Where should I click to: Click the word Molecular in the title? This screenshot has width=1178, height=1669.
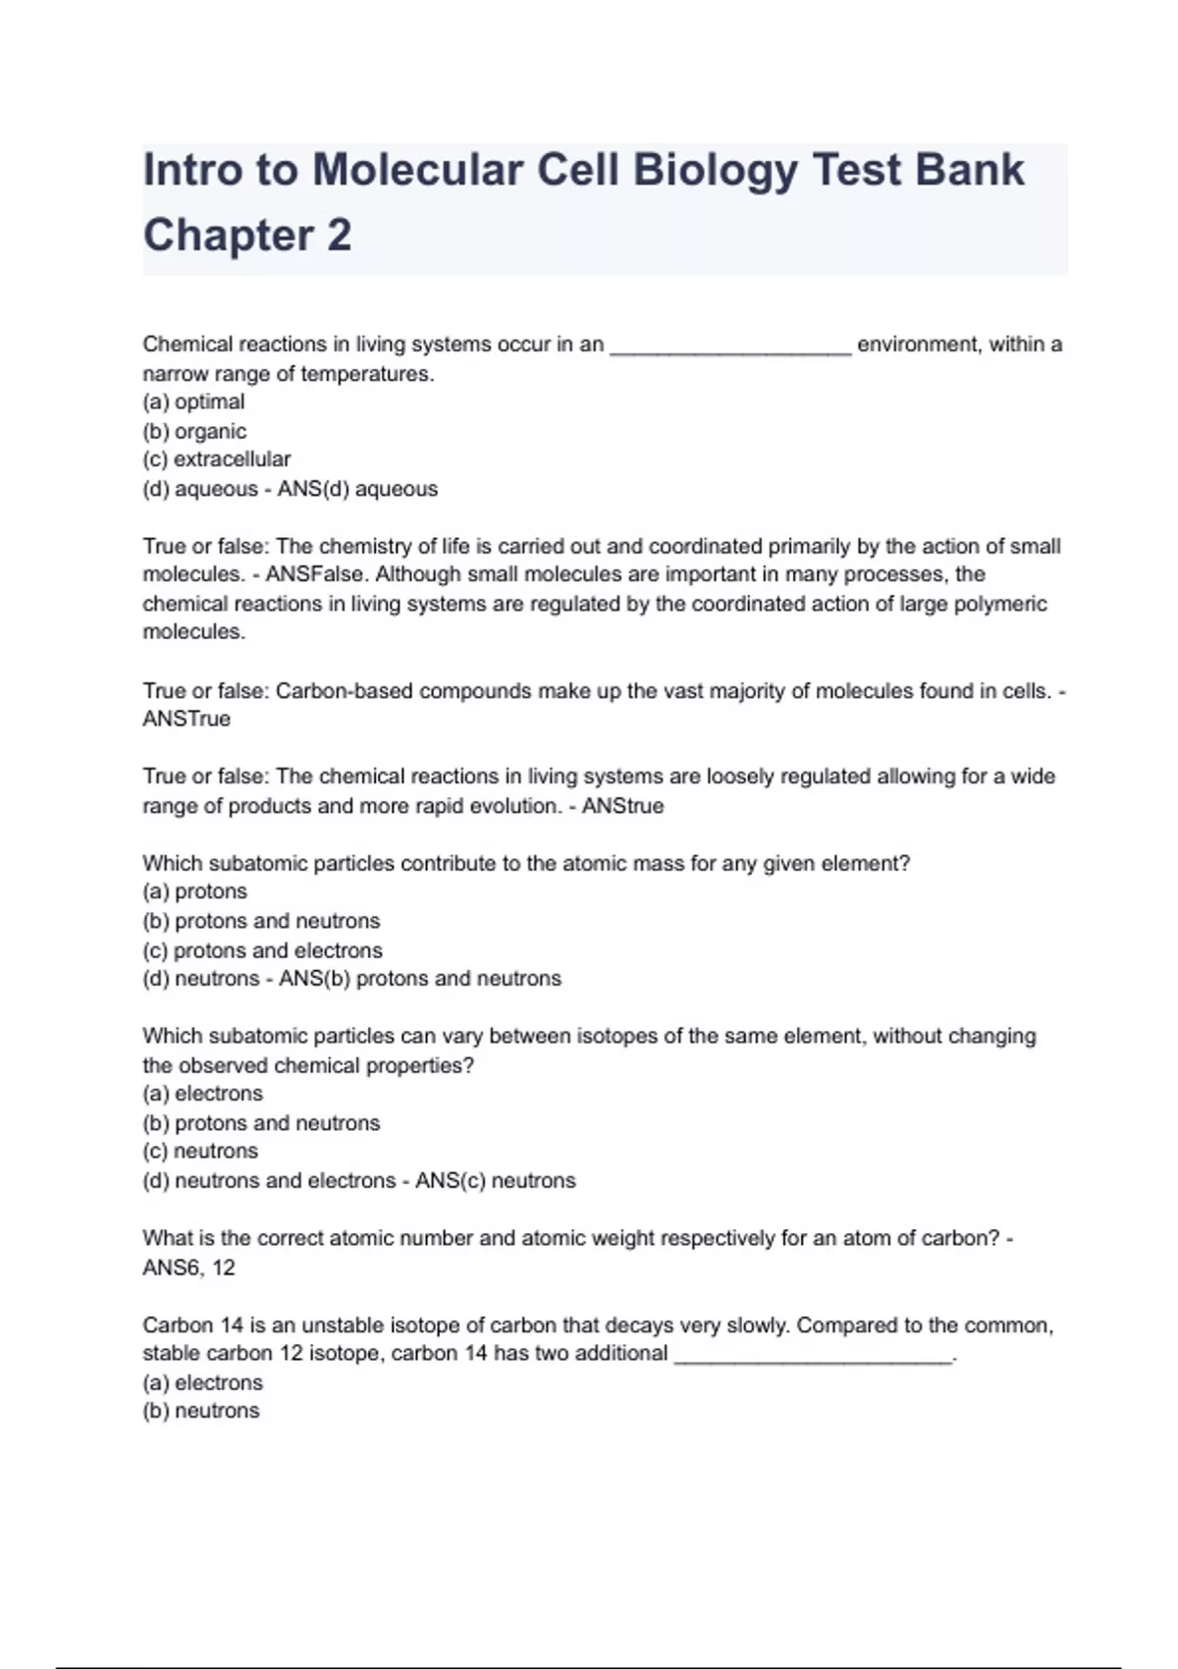click(417, 170)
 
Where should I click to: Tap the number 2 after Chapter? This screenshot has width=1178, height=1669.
click(339, 236)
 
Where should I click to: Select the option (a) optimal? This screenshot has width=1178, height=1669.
click(193, 402)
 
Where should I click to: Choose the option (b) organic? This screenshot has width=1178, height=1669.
click(194, 431)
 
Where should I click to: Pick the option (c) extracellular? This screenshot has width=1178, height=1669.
click(216, 459)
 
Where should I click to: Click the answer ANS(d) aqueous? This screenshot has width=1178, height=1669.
click(357, 489)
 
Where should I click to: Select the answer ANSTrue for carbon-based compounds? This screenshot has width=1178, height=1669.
click(187, 720)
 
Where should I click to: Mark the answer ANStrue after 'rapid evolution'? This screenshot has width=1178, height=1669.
click(622, 806)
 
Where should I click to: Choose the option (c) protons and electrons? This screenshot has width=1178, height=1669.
click(262, 950)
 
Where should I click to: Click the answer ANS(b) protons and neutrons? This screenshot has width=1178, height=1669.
click(420, 979)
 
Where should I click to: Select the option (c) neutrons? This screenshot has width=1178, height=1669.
click(200, 1152)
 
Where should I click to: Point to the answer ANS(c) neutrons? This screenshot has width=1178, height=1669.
click(495, 1181)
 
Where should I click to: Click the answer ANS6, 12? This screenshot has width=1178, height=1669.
click(188, 1267)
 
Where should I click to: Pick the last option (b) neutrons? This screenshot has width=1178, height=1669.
click(201, 1411)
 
